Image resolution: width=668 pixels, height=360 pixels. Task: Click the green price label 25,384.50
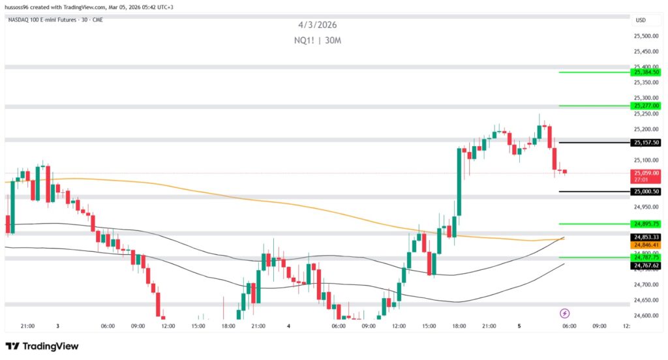[x=646, y=72]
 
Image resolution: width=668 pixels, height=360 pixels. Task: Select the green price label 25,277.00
[x=646, y=105]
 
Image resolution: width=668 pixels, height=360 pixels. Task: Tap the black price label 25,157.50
[x=646, y=142]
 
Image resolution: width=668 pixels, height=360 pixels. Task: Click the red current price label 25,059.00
[x=646, y=173]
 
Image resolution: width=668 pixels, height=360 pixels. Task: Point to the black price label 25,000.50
[x=646, y=192]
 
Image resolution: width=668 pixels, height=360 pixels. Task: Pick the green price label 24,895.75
[x=646, y=224]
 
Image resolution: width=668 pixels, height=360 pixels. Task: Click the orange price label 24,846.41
[x=646, y=245]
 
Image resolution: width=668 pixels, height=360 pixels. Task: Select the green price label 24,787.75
[x=646, y=258]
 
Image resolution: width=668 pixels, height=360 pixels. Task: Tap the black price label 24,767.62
[x=646, y=265]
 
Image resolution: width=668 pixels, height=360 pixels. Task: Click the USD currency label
[x=641, y=20]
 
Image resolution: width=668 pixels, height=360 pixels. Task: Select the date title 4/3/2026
[x=318, y=25]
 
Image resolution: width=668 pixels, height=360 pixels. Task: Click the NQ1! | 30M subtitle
[x=318, y=40]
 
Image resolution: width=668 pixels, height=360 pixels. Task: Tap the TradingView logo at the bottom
[x=42, y=346]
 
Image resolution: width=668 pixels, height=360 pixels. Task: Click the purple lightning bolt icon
[x=565, y=314]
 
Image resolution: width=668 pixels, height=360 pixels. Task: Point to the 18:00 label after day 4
[x=459, y=326]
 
